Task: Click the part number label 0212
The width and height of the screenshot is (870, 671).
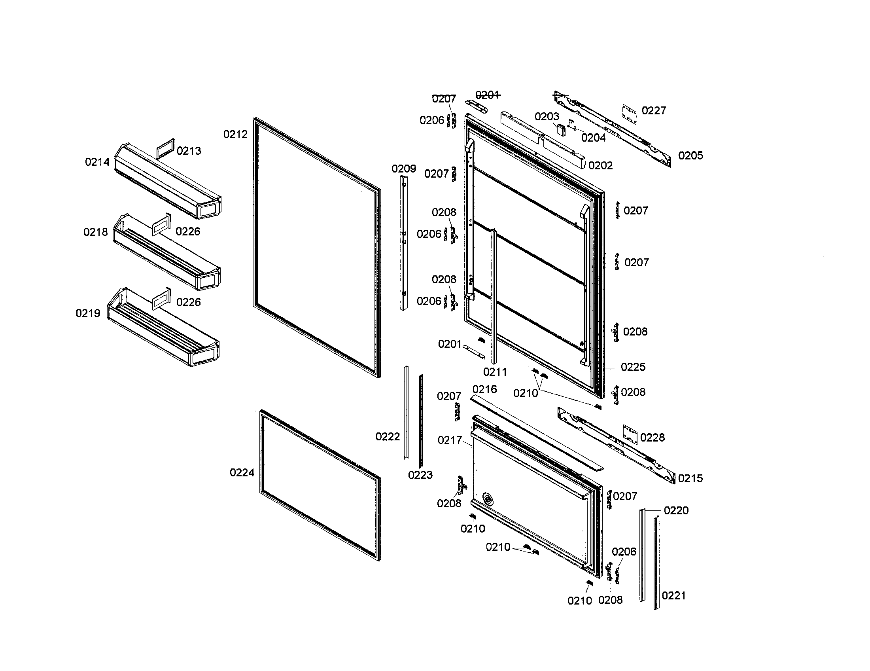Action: click(x=235, y=134)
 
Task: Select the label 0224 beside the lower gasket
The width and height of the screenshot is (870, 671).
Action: click(x=242, y=472)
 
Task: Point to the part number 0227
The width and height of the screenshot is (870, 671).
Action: click(x=654, y=110)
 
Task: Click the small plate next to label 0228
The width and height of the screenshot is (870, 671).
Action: click(x=630, y=435)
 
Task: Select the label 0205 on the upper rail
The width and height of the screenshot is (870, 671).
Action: click(x=690, y=155)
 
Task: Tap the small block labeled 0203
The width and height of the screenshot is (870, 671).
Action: click(x=561, y=129)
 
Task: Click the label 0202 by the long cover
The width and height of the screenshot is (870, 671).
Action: click(x=600, y=165)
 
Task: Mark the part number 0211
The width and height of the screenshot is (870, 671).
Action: click(x=495, y=372)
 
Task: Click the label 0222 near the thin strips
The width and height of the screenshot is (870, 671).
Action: click(x=388, y=437)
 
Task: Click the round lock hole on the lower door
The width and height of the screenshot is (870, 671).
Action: click(x=488, y=499)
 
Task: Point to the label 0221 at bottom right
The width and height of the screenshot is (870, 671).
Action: click(x=673, y=596)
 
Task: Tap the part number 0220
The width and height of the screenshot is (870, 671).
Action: click(x=676, y=510)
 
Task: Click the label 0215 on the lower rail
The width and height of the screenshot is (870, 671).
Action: click(x=690, y=478)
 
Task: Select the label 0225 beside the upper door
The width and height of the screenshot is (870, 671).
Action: click(x=633, y=367)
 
